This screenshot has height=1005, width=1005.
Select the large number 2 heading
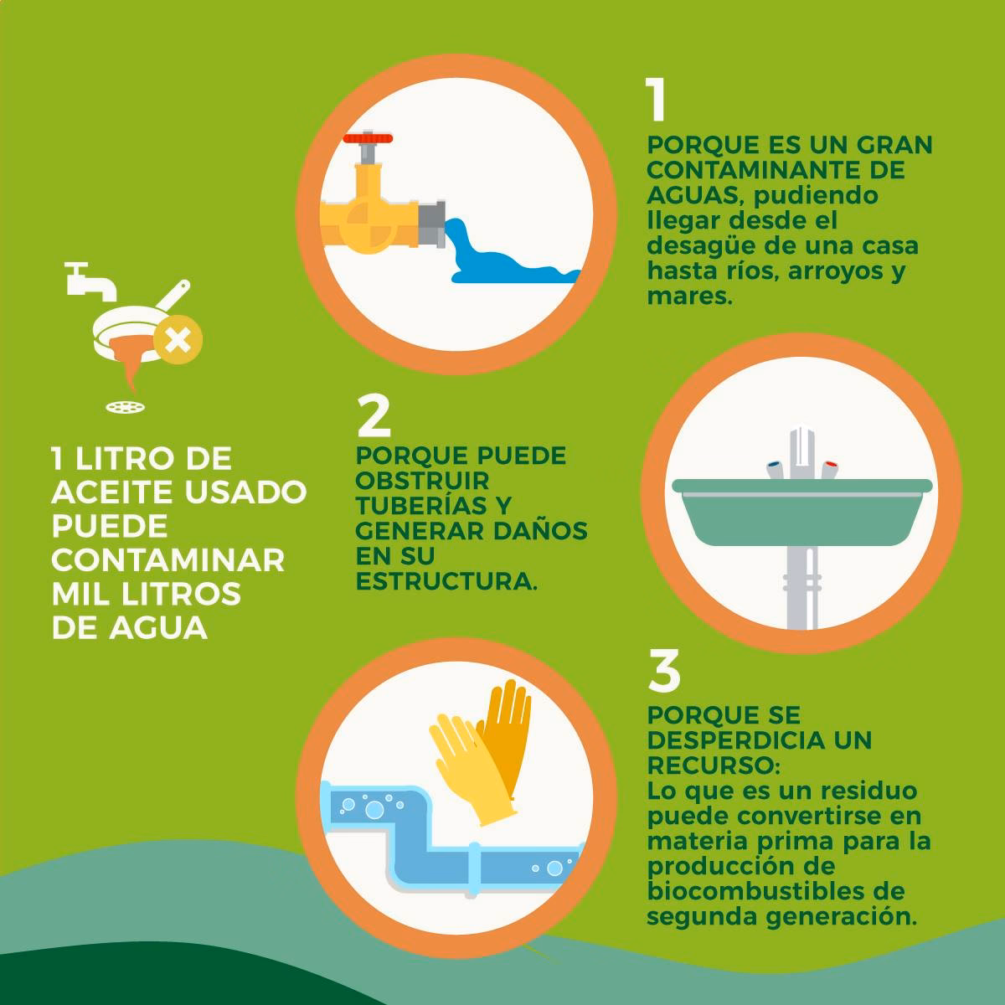click(374, 416)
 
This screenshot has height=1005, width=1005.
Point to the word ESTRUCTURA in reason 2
click(445, 580)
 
